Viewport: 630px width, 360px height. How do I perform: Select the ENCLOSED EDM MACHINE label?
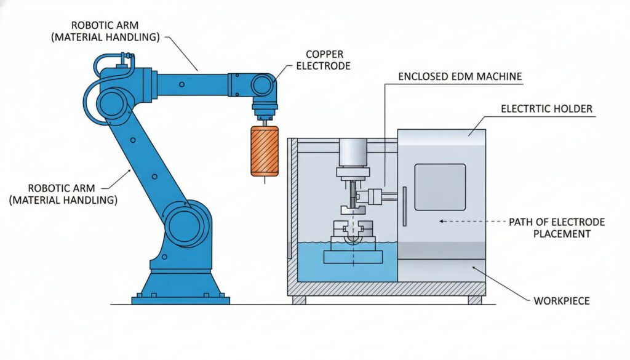[x=460, y=77]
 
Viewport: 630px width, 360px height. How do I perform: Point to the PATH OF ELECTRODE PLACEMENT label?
[x=557, y=228]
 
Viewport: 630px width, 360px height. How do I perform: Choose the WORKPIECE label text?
[x=562, y=301]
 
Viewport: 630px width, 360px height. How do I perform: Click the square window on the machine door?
[x=439, y=187]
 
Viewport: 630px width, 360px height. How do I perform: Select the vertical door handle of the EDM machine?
[x=405, y=206]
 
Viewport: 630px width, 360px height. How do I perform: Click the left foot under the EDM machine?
[x=299, y=300]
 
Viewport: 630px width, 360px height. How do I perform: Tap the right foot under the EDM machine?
[x=474, y=300]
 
